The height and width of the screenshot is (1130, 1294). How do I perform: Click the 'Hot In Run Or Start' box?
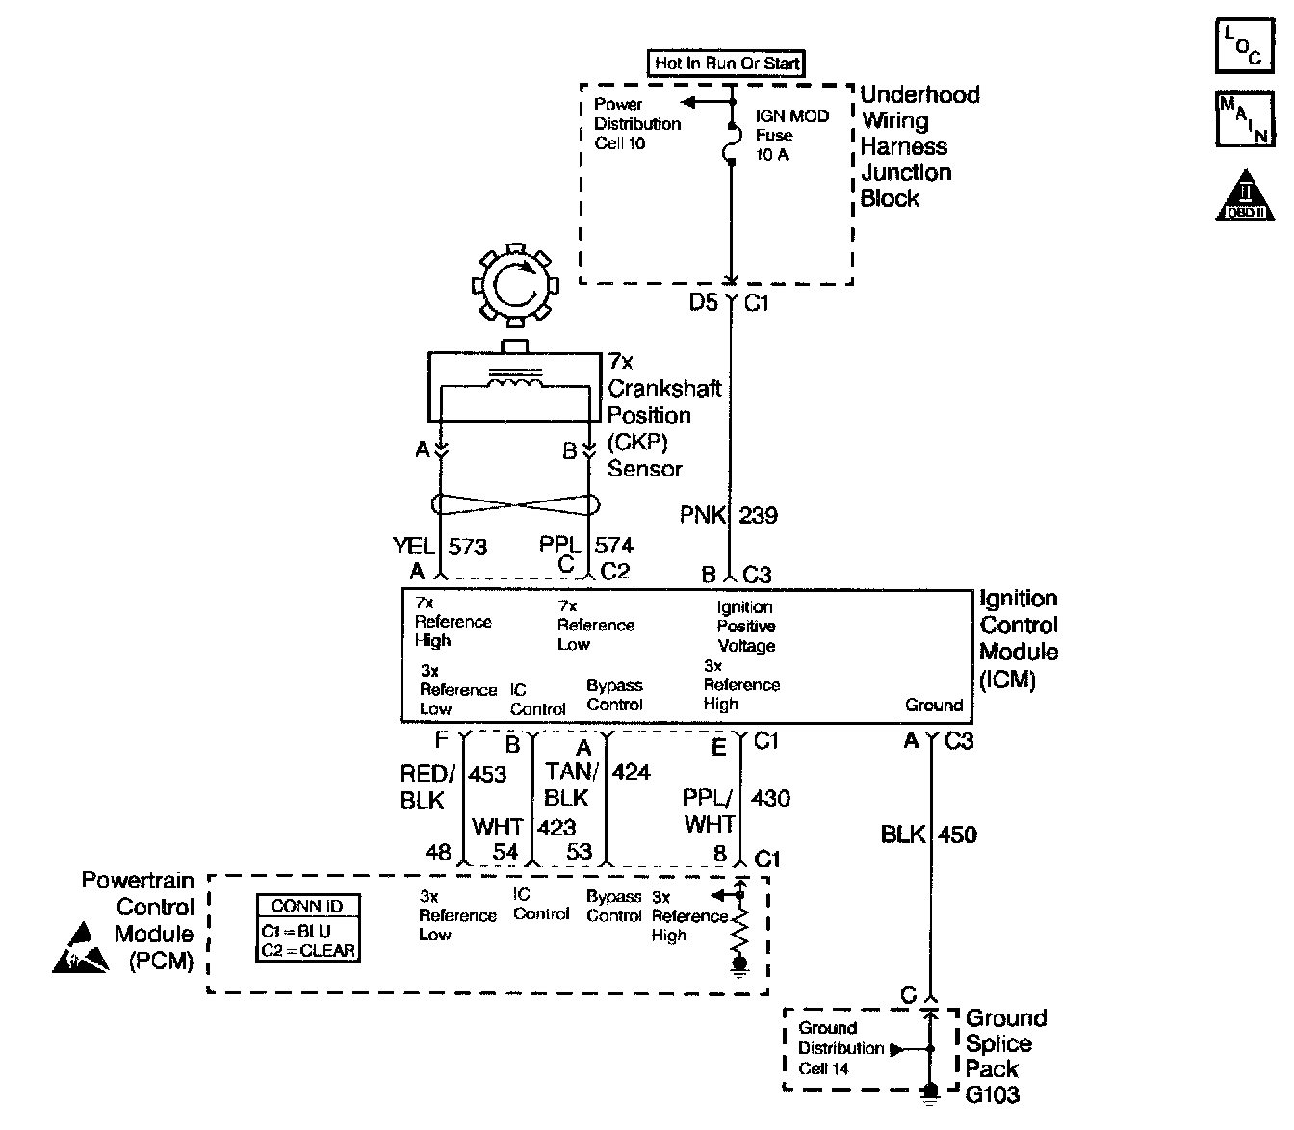tap(727, 64)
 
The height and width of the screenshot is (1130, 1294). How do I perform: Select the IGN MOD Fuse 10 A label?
tap(791, 136)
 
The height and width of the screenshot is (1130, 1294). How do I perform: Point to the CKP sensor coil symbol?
tap(516, 382)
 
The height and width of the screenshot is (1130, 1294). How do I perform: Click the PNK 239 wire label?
tap(728, 515)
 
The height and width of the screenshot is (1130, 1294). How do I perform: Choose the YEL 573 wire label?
tap(440, 547)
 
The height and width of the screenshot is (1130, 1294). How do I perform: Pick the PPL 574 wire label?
tap(586, 546)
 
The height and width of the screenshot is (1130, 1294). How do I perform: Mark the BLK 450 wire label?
tap(928, 835)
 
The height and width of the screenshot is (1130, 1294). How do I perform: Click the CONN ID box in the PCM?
tap(307, 929)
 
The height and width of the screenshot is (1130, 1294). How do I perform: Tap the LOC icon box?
tap(1243, 46)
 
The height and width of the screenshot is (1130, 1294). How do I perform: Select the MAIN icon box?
tap(1243, 119)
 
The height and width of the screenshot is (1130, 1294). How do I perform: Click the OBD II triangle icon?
tap(1246, 197)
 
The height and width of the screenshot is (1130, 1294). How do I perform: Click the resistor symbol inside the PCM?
tap(739, 931)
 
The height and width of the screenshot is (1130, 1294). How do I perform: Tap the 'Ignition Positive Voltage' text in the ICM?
tap(746, 627)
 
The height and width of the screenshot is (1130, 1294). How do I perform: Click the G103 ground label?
tap(992, 1095)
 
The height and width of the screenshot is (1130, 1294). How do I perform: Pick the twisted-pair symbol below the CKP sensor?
tap(515, 504)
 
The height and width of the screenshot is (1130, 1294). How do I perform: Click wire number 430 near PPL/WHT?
tap(770, 798)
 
